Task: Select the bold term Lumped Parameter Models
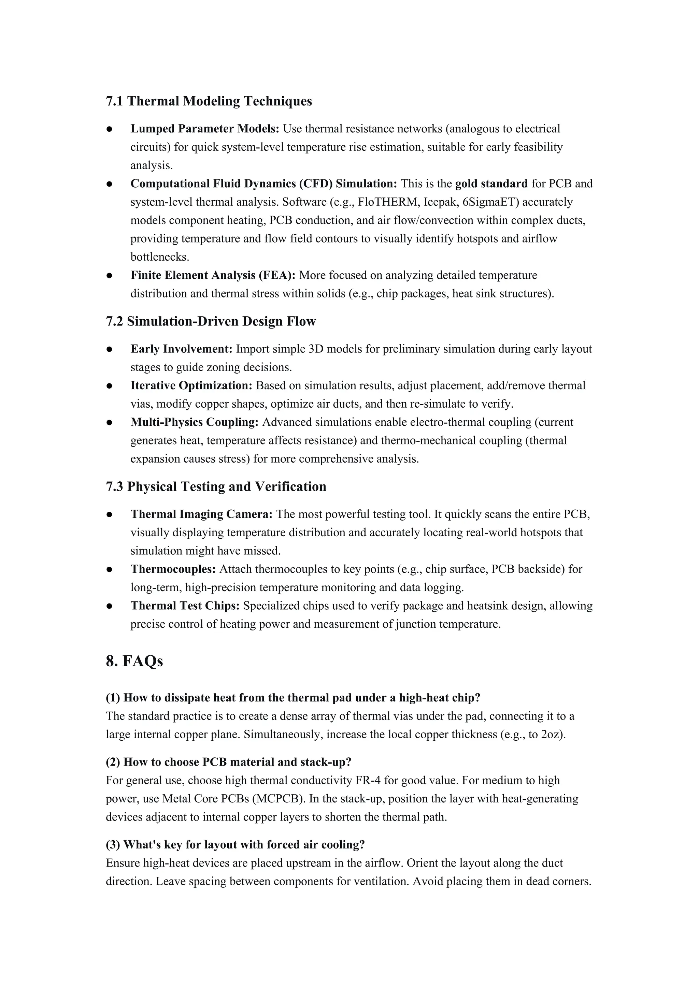click(205, 129)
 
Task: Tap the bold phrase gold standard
click(491, 184)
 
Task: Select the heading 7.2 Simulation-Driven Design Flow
click(211, 321)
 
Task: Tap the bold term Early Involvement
click(181, 349)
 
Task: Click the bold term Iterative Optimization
click(191, 386)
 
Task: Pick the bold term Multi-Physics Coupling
click(194, 422)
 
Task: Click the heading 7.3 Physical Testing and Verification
click(216, 487)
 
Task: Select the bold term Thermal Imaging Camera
click(201, 514)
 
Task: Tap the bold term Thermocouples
click(173, 569)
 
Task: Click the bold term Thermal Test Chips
click(185, 606)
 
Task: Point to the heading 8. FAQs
click(134, 660)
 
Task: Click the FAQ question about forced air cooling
click(235, 845)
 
